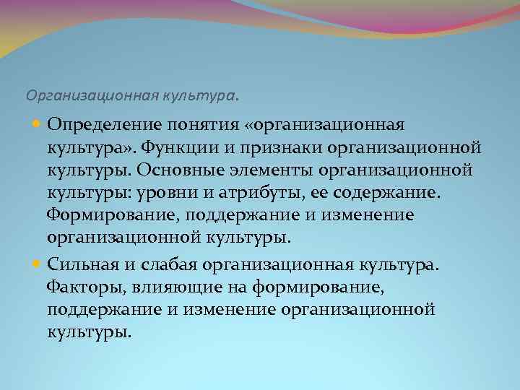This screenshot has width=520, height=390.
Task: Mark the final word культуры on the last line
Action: click(x=90, y=332)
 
